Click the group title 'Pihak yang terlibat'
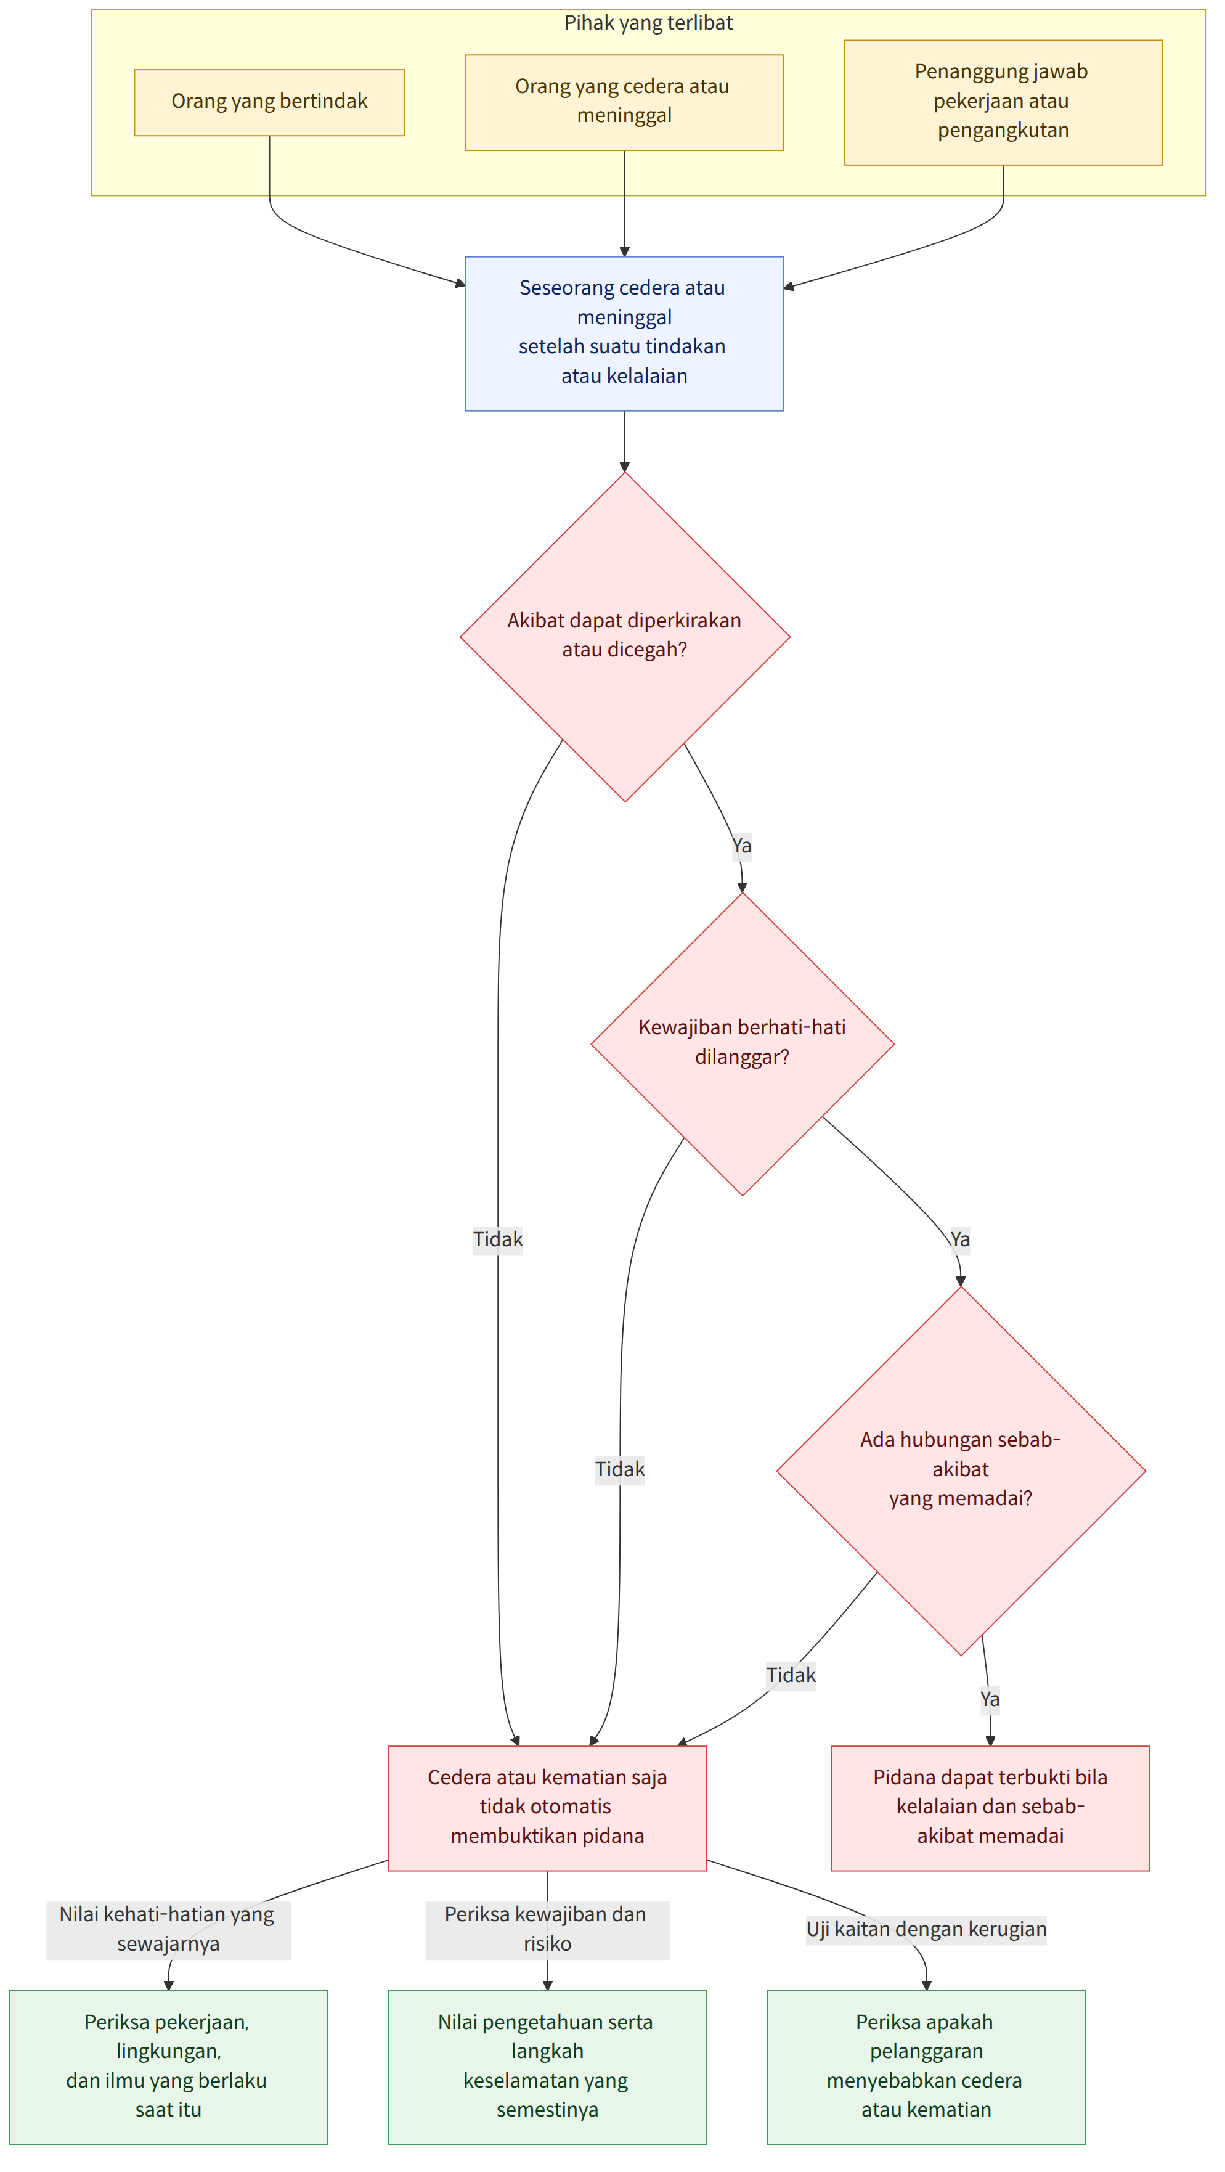(648, 23)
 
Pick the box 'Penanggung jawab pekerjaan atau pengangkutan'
(1003, 102)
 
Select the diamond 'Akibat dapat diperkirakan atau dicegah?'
(625, 637)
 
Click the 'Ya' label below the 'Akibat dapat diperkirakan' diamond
(741, 846)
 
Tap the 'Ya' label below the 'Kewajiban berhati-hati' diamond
(959, 1239)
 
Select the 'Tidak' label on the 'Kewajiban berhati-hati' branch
(620, 1469)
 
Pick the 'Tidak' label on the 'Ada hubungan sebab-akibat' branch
(791, 1675)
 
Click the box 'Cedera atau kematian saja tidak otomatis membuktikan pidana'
(547, 1808)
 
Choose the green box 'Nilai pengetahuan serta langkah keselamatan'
(547, 2067)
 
